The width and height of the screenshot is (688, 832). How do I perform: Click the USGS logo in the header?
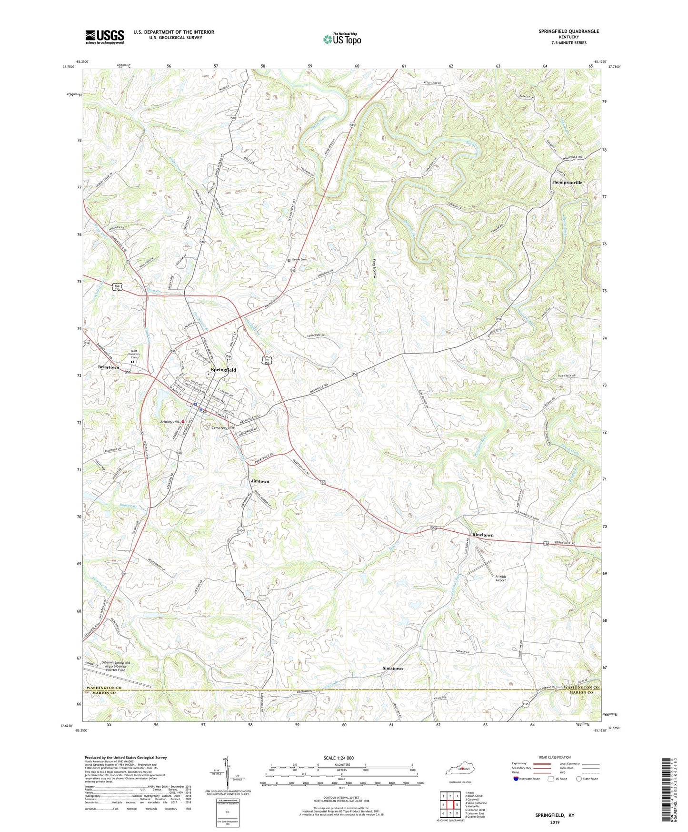tap(105, 37)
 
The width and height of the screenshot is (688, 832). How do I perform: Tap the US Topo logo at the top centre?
tap(342, 39)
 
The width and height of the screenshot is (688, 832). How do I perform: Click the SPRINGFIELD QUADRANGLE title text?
tap(568, 31)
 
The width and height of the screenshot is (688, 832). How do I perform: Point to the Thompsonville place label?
tap(567, 183)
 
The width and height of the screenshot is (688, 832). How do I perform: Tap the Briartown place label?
tap(109, 367)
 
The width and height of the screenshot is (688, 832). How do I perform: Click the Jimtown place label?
tap(260, 481)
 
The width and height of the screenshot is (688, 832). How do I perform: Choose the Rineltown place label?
tap(483, 535)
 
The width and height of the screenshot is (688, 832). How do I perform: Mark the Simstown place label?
tap(392, 669)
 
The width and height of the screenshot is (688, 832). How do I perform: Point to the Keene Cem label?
tap(299, 260)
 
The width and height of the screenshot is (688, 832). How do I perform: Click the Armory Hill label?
tap(170, 422)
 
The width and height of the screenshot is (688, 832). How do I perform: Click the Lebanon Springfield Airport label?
tap(112, 666)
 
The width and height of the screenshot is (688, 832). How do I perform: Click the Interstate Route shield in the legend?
tap(517, 779)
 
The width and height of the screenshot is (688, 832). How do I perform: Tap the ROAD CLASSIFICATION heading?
tap(555, 757)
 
